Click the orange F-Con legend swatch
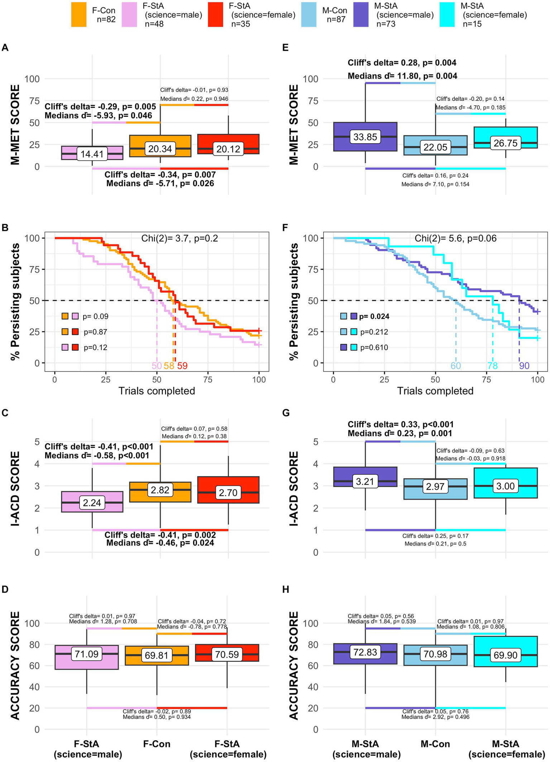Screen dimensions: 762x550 [x=79, y=15]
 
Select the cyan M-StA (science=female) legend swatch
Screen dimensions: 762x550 [x=447, y=15]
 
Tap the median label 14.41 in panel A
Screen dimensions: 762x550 [x=92, y=154]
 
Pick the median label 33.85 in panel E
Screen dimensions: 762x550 [x=365, y=137]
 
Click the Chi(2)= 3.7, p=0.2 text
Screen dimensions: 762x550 [x=180, y=238]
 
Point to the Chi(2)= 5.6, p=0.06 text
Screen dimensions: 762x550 [x=455, y=238]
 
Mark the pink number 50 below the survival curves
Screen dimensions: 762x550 [x=157, y=366]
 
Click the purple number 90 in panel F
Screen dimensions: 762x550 [x=524, y=366]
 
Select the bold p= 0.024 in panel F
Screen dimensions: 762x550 [x=374, y=316]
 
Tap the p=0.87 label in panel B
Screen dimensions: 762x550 [x=95, y=332]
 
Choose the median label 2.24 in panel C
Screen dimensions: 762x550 [x=92, y=503]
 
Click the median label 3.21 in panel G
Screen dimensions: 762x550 [x=365, y=482]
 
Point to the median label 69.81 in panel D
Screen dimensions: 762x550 [x=157, y=655]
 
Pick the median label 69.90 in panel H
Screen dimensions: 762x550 [x=506, y=655]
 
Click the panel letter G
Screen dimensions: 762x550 [x=286, y=413]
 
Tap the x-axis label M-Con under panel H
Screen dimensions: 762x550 [x=435, y=744]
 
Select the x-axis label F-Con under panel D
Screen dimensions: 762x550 [x=157, y=744]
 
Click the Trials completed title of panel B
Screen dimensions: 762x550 [x=157, y=391]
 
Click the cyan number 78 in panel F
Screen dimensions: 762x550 [x=492, y=366]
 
